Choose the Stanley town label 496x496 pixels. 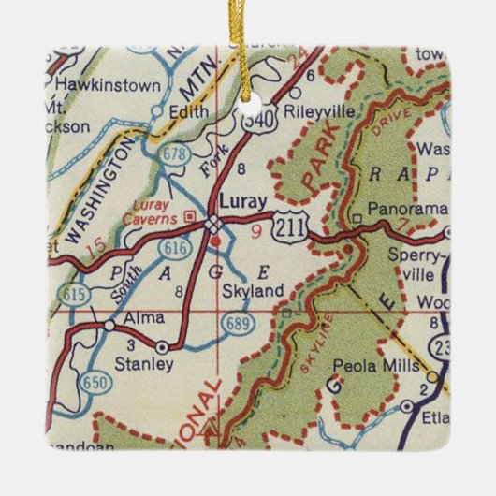(x=147, y=366)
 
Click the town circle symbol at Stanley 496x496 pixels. (x=163, y=347)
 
